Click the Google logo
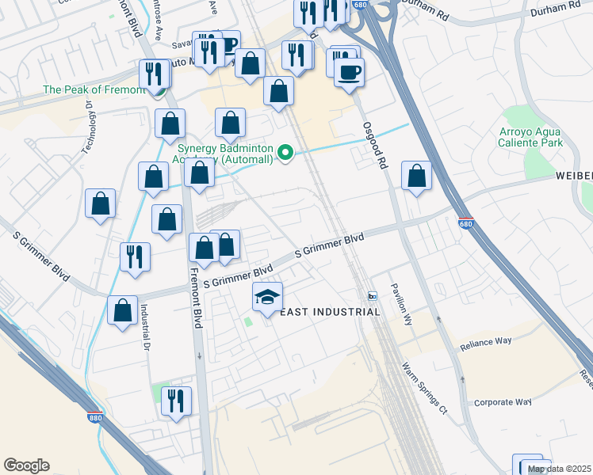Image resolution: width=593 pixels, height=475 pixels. [x=26, y=465]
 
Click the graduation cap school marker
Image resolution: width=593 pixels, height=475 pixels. [x=268, y=298]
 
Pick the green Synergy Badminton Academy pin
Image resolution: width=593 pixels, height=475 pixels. [x=285, y=153]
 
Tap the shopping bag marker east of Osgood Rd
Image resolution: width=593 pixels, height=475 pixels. [x=416, y=176]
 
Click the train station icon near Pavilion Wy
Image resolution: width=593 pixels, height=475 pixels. [x=372, y=296]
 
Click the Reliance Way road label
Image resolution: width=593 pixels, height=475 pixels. [x=486, y=344]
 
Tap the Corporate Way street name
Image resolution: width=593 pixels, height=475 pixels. [x=502, y=402]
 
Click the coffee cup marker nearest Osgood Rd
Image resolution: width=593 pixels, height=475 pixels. [x=349, y=74]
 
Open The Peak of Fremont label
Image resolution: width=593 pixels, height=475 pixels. [x=94, y=90]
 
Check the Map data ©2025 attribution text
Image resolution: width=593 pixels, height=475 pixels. [x=560, y=469]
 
